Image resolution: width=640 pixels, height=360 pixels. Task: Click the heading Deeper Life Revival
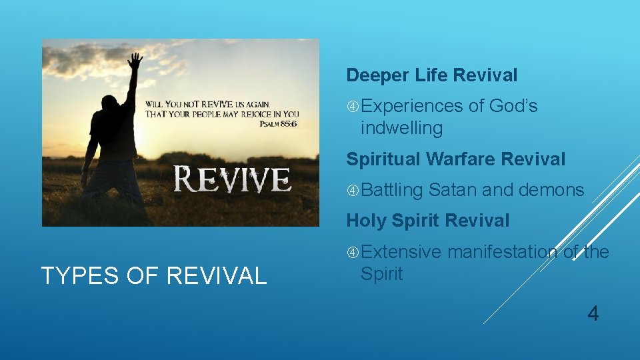coord(431,75)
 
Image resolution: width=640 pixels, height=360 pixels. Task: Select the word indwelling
coord(401,128)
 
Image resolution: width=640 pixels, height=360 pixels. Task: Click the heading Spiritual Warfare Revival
coord(455,159)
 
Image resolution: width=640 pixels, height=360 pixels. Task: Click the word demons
coord(551,190)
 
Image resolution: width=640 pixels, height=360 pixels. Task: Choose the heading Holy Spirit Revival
coord(427,221)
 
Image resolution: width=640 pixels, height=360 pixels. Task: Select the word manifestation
coord(503,252)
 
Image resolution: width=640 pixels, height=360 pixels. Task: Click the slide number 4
coord(593,313)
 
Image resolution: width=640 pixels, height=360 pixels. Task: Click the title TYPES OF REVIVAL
coord(154,275)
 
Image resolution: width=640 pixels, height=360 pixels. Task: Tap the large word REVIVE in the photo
coord(233,178)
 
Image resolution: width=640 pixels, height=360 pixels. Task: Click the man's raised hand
coord(135,62)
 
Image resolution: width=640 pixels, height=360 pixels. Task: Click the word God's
coord(513,106)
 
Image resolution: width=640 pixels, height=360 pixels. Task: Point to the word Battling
coord(393,190)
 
